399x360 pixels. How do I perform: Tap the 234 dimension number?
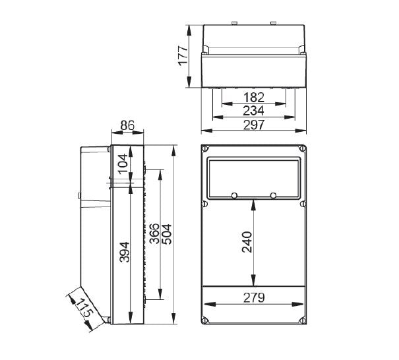253,111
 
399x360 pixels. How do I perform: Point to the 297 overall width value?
253,125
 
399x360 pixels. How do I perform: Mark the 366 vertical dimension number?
154,235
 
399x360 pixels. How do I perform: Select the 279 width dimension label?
253,297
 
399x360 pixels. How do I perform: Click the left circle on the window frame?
234,195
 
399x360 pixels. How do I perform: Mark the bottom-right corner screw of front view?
302,321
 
